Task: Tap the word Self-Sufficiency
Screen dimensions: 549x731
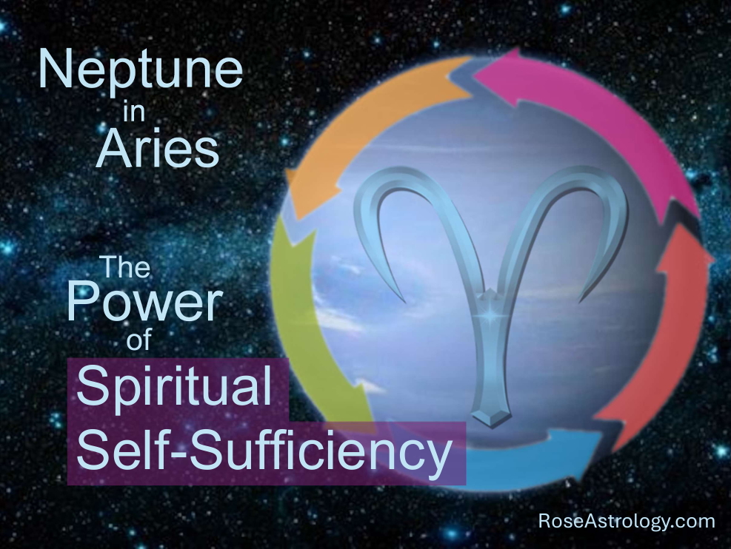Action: pos(264,451)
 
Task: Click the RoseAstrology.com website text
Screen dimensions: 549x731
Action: pos(627,521)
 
